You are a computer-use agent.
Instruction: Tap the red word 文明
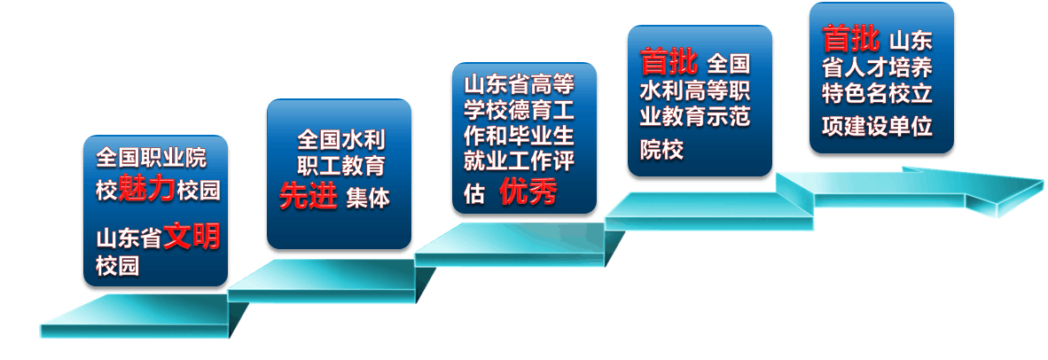coord(192,237)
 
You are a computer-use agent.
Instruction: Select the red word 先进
coord(309,196)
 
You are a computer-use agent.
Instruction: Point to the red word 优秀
coord(528,193)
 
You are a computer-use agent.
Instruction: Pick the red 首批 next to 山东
coord(851,38)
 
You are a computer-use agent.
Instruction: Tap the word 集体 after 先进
coord(368,198)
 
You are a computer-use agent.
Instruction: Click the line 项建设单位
coord(877,127)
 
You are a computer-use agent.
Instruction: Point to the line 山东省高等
coord(520,86)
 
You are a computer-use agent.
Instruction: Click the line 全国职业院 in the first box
coord(152,159)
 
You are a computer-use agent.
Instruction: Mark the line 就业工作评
coord(520,160)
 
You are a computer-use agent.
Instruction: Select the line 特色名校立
coord(877,94)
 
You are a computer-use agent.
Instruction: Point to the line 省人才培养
coord(877,69)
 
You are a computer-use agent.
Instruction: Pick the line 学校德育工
coord(520,111)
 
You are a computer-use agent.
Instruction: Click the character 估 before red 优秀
coord(474,193)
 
